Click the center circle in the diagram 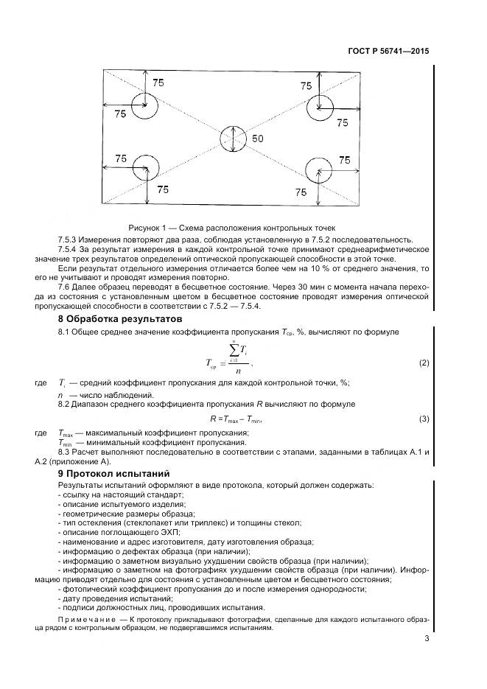tap(234, 138)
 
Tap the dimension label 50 tap(257, 139)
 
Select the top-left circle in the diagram tap(144, 107)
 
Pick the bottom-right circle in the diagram tap(319, 170)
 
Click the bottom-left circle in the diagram tap(145, 171)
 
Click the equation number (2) tap(424, 363)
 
